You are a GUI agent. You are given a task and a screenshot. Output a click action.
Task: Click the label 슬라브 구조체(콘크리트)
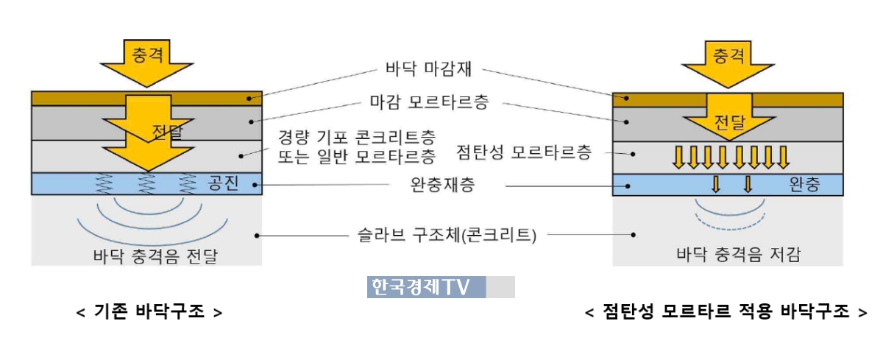pyautogui.click(x=444, y=236)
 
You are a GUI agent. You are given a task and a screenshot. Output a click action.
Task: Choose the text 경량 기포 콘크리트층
pyautogui.click(x=356, y=137)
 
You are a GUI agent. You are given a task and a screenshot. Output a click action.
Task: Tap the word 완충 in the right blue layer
pyautogui.click(x=803, y=184)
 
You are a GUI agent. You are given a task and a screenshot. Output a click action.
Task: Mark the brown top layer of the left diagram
pyautogui.click(x=74, y=98)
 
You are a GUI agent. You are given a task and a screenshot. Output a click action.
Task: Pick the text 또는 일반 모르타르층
pyautogui.click(x=356, y=156)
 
